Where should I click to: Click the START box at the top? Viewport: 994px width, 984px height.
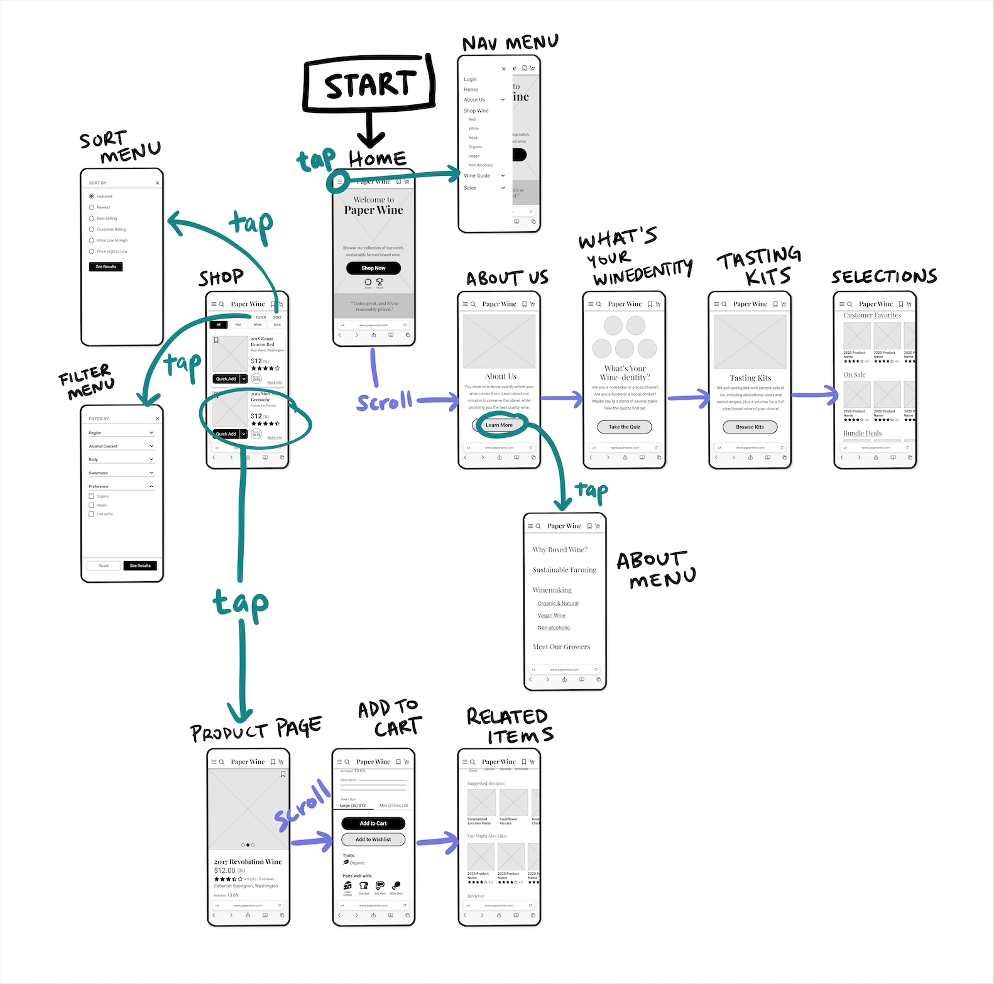(x=369, y=85)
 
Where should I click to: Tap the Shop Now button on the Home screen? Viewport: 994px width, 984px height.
(x=373, y=268)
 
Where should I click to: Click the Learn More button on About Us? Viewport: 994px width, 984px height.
(x=499, y=425)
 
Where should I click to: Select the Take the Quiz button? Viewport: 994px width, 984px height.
(x=624, y=427)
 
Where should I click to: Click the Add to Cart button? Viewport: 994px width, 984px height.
(x=373, y=824)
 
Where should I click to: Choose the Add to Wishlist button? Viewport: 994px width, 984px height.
(x=373, y=839)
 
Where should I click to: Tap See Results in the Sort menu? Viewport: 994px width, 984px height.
(x=106, y=267)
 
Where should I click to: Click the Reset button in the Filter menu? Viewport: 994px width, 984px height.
(x=104, y=566)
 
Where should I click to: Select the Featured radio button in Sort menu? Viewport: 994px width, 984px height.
(x=92, y=197)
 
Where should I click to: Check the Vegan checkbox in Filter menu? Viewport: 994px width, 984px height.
(x=92, y=505)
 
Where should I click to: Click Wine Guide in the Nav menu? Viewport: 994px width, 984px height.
(x=477, y=176)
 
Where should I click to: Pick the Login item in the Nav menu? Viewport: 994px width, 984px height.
(x=470, y=80)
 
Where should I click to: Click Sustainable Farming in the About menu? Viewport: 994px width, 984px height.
(x=564, y=570)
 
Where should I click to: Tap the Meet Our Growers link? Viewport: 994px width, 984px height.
(x=561, y=647)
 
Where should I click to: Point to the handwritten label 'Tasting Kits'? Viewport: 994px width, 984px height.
(x=759, y=265)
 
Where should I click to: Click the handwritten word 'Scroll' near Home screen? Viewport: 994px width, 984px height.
(x=384, y=402)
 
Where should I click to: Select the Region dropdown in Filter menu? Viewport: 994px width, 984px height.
(x=121, y=433)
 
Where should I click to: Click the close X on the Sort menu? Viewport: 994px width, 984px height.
(x=157, y=183)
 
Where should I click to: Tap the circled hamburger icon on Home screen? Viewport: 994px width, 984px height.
(x=339, y=182)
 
